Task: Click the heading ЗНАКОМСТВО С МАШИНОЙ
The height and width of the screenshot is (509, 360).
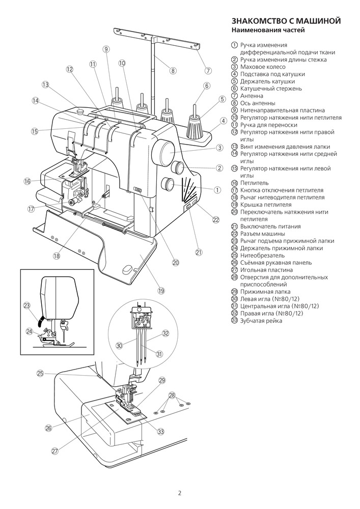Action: (286, 21)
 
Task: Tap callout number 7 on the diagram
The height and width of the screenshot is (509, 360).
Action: (208, 70)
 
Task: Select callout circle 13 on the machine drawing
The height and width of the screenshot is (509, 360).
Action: (45, 84)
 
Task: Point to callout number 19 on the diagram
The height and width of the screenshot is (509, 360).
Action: (161, 291)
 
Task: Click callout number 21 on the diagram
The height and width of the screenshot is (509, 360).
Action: (199, 252)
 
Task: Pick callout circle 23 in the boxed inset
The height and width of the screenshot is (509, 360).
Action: (26, 305)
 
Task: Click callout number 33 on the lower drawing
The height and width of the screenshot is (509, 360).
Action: (161, 432)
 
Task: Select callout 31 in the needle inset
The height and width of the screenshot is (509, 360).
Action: (159, 354)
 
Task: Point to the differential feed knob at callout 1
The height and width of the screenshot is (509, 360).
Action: (169, 183)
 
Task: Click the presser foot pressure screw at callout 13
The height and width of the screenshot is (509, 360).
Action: (80, 111)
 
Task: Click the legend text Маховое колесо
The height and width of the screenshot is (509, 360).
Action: (263, 67)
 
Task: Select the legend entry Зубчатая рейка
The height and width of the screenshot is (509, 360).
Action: (261, 321)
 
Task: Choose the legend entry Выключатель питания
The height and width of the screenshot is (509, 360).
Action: (270, 227)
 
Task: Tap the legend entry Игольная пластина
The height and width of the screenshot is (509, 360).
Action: (266, 270)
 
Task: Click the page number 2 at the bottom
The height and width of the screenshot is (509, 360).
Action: (180, 494)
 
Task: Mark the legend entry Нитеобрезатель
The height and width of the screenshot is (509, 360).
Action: (262, 256)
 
